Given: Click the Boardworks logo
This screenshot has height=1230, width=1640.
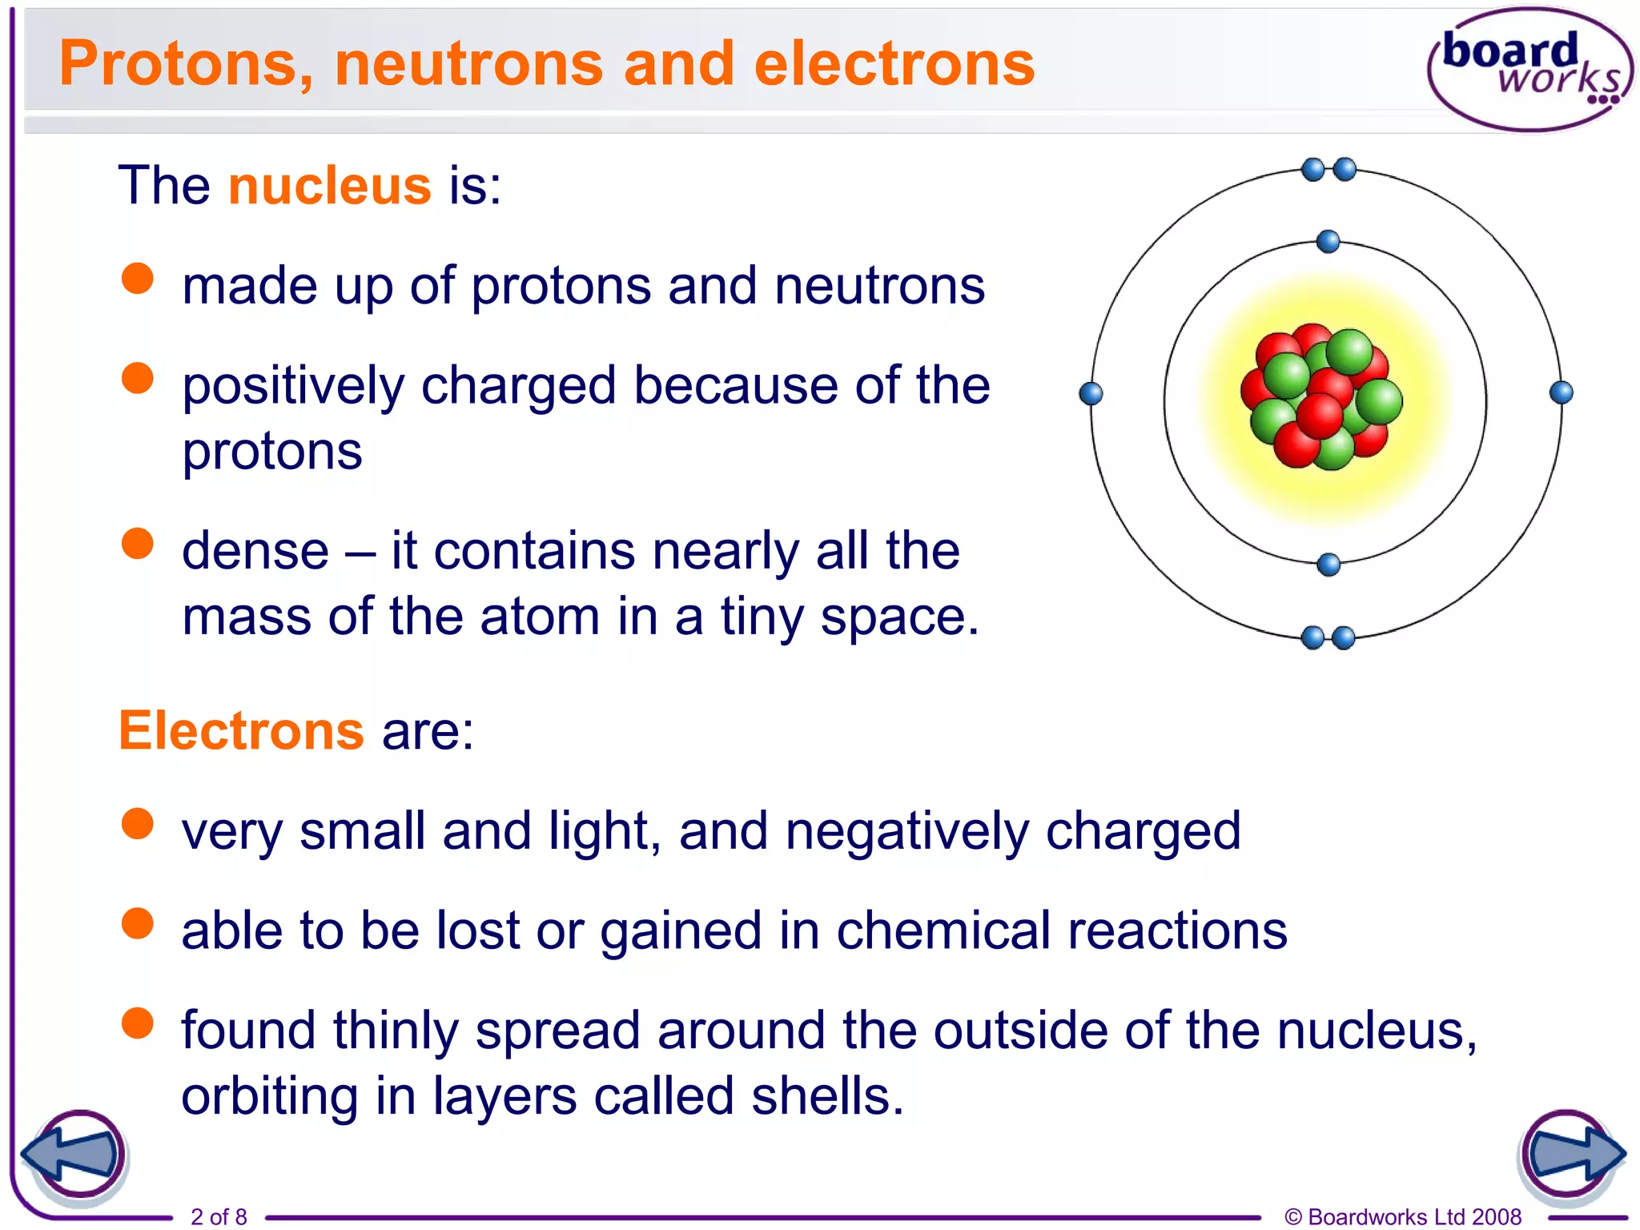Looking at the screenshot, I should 1529,69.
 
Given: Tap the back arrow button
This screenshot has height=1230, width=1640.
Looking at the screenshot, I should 74,1156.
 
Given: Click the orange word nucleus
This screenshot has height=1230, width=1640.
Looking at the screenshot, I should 330,186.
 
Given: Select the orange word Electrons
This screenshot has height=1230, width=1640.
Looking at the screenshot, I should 242,730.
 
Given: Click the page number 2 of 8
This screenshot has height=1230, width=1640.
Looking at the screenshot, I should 219,1216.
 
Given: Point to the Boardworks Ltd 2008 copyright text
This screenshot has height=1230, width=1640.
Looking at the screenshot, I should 1403,1216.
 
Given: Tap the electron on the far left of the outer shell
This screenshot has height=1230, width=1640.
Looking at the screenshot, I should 1091,393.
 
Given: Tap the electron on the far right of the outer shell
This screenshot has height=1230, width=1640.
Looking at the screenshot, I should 1562,392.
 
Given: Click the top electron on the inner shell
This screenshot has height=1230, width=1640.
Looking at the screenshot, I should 1328,241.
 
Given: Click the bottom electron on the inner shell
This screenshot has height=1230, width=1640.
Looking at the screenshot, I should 1328,565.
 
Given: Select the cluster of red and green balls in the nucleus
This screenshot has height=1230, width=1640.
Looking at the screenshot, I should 1322,396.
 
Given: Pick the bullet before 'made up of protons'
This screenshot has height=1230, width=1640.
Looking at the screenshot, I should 138,279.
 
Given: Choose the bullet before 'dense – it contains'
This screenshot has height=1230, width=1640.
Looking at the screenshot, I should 138,543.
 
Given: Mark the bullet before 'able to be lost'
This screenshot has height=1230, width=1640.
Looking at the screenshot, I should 138,922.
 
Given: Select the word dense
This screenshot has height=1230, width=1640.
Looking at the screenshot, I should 255,551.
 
